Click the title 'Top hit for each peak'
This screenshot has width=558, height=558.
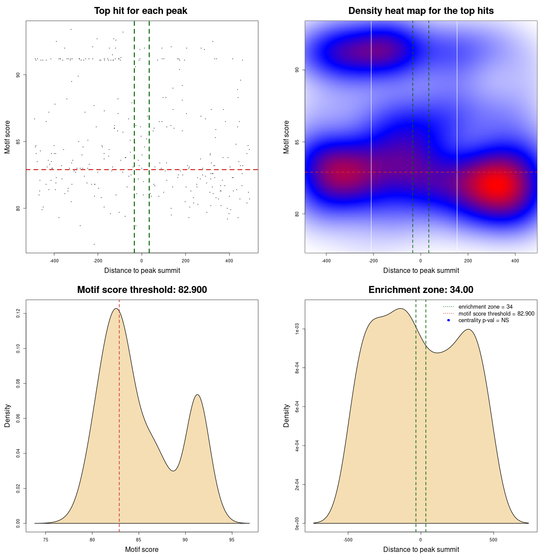click(140, 11)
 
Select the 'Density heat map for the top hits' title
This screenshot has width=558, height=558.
click(421, 11)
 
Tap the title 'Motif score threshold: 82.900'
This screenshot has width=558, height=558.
click(142, 290)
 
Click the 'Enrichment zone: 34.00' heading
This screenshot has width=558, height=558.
click(421, 290)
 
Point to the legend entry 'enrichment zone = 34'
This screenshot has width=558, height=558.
click(485, 307)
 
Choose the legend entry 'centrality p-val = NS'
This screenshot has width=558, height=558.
click(483, 320)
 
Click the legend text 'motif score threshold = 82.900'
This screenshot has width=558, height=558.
click(496, 314)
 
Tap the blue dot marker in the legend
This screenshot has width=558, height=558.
click(449, 320)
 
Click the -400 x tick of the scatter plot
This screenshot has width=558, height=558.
click(54, 261)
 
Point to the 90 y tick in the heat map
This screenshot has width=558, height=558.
click(297, 70)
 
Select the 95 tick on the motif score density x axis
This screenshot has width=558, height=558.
click(232, 540)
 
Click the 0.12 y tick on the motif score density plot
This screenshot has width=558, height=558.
click(18, 313)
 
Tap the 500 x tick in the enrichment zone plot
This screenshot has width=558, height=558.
click(493, 540)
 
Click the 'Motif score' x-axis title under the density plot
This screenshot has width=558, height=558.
click(142, 550)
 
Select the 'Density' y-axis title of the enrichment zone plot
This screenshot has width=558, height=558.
click(286, 415)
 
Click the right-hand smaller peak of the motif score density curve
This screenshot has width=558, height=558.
click(198, 395)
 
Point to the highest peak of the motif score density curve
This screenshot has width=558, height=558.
click(116, 309)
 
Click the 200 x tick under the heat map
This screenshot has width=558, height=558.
click(468, 261)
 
